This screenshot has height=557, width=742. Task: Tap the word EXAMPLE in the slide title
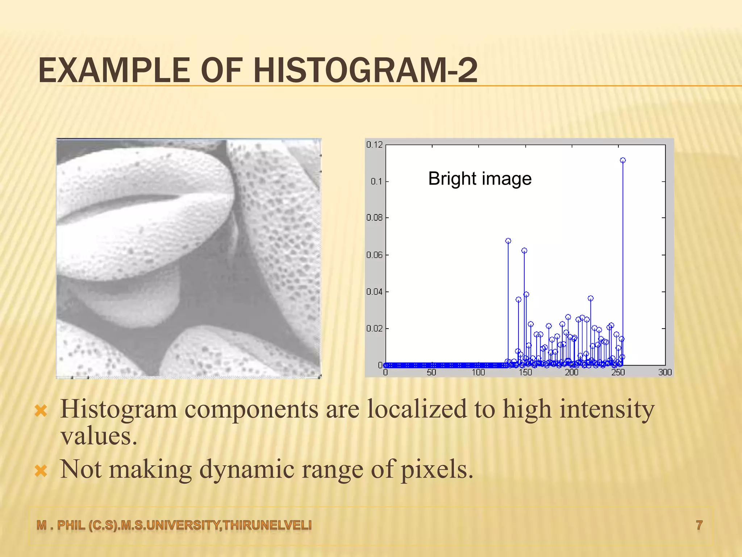click(x=113, y=71)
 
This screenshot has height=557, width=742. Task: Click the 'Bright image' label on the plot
click(x=480, y=178)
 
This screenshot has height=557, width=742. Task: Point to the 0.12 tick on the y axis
click(x=374, y=145)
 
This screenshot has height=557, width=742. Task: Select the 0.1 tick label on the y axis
click(x=376, y=181)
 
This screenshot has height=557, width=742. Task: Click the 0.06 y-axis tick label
click(x=374, y=255)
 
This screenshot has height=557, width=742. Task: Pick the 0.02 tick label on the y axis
click(x=374, y=329)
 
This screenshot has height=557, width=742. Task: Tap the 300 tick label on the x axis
click(x=665, y=372)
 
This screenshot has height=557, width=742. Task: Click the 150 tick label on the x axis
click(x=525, y=372)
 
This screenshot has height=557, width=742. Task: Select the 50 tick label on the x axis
click(x=431, y=372)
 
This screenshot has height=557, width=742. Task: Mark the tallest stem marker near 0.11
click(x=623, y=160)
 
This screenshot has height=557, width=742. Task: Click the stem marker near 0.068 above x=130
click(x=508, y=241)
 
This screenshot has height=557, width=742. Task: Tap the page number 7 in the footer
click(x=699, y=525)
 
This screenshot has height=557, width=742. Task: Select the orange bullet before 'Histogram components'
click(x=41, y=411)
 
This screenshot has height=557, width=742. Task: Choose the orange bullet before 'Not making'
click(x=41, y=471)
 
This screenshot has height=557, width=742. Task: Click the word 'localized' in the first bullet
click(x=417, y=409)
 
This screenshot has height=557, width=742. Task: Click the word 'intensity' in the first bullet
click(x=606, y=409)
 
